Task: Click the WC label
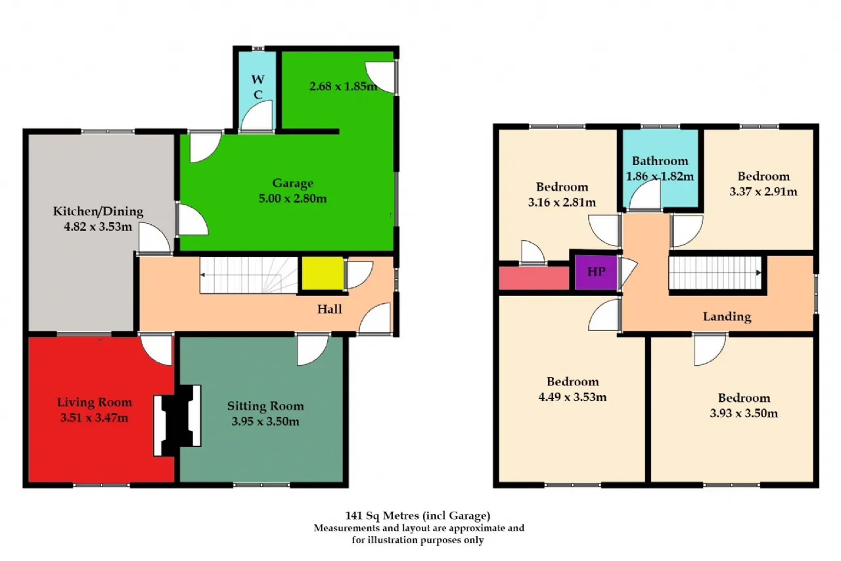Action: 258,87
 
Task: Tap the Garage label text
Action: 292,183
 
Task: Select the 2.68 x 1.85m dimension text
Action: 344,86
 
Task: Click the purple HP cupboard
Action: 596,272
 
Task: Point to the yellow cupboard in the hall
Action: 323,274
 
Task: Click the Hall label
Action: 330,309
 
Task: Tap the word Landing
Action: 727,317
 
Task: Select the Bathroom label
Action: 660,161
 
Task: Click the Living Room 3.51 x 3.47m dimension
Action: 94,418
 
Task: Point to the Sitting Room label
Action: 265,406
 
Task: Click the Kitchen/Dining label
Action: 98,211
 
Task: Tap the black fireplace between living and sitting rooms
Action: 177,420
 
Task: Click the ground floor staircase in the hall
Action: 248,276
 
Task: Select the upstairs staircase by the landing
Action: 715,273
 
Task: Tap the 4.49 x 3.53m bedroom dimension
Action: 572,397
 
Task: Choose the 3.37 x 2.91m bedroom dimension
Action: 763,191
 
